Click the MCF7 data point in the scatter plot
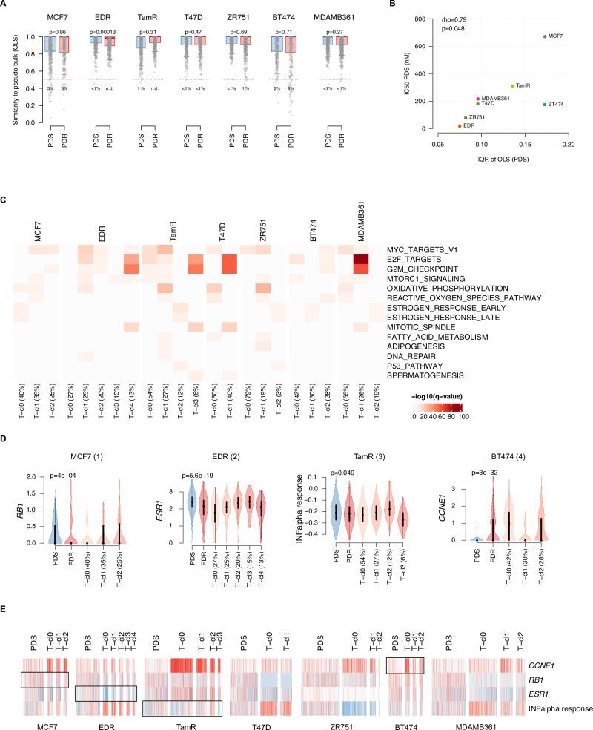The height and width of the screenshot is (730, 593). coord(545,36)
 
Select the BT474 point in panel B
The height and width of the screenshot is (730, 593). coord(545,105)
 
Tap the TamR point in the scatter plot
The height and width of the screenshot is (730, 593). coord(512,86)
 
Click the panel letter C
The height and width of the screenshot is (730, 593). coord(5,200)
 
